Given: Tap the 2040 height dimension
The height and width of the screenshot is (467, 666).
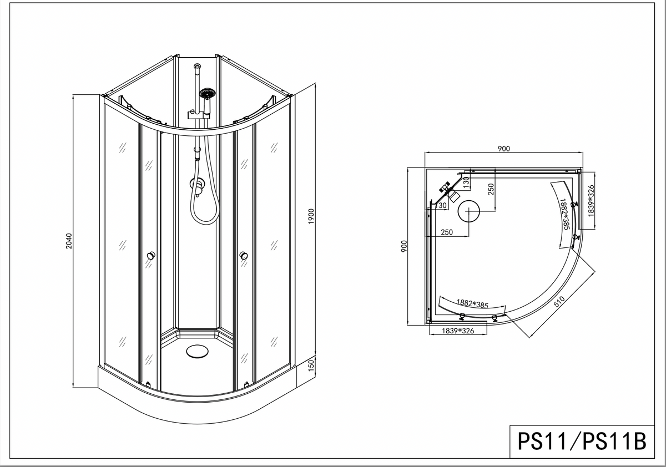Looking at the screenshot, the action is tap(69, 241).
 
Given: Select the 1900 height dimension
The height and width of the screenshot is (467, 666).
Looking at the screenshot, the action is tap(311, 216).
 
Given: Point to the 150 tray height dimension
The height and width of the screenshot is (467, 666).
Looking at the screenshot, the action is tap(311, 365).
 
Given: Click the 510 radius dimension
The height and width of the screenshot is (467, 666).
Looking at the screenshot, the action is tap(559, 302).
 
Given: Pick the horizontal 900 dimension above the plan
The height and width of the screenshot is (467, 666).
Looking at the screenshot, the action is tap(504, 149).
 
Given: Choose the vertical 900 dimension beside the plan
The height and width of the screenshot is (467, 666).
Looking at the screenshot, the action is tap(404, 247).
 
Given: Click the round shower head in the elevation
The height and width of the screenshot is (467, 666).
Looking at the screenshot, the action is tap(207, 93).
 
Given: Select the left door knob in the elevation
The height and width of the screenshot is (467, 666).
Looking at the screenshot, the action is tap(151, 256).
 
